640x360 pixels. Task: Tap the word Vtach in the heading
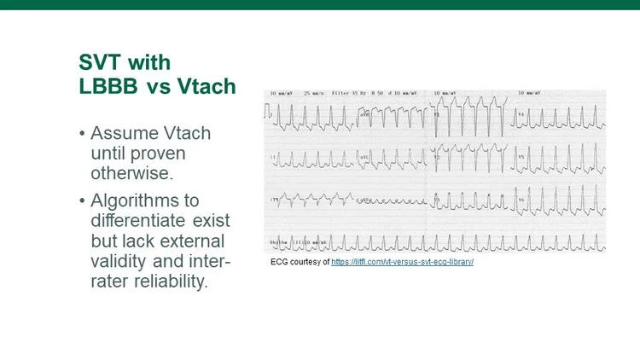pyautogui.click(x=209, y=86)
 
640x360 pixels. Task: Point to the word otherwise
pyautogui.click(x=128, y=173)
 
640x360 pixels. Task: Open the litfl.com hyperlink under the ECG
pyautogui.click(x=402, y=261)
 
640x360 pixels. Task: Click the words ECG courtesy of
pyautogui.click(x=300, y=261)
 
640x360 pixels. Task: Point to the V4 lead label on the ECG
pyautogui.click(x=523, y=113)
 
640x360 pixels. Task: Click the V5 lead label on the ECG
pyautogui.click(x=523, y=156)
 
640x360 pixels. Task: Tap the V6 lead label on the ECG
pyautogui.click(x=523, y=198)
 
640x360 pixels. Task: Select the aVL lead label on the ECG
pyautogui.click(x=364, y=156)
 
